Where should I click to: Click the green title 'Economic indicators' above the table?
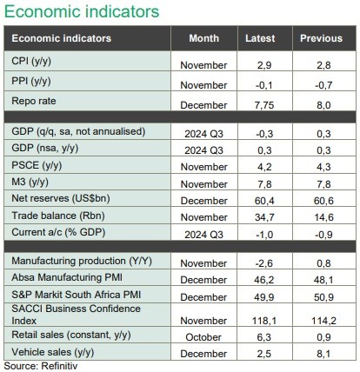coord(82,11)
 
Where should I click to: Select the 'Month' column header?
coord(204,38)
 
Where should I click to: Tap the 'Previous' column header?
coord(321,38)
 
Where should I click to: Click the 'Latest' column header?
coord(260,38)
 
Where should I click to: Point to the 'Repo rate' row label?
coord(34,101)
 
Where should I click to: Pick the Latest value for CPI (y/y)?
coord(264,65)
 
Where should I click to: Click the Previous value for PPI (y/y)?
coord(323,85)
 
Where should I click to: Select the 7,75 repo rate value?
coord(264,105)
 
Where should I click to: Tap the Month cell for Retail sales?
coord(203,337)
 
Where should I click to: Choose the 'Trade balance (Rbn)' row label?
coord(58,216)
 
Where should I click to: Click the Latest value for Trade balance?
coord(264,217)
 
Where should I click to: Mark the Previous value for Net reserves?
coord(323,201)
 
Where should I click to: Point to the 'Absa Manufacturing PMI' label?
coord(67,277)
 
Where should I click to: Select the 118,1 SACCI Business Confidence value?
coord(264,321)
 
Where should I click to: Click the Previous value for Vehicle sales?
coord(323,354)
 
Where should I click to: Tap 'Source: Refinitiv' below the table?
coord(41,366)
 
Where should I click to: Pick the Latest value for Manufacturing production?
coord(264,263)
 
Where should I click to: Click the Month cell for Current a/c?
coord(203,235)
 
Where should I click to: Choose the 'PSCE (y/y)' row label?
coord(37,165)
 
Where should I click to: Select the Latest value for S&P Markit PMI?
coord(264,297)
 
